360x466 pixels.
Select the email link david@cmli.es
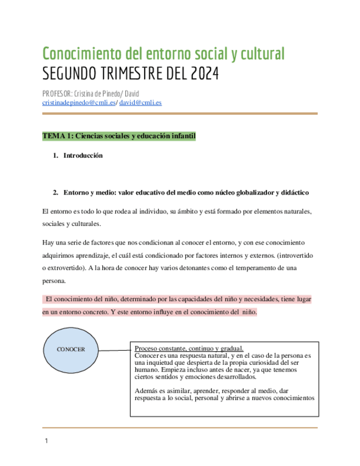(x=140, y=102)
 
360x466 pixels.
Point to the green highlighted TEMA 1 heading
(x=119, y=136)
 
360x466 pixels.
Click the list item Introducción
(x=83, y=156)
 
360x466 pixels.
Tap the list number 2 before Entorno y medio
(x=56, y=192)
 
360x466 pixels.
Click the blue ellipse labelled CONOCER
(x=70, y=349)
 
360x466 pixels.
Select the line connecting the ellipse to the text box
(x=114, y=349)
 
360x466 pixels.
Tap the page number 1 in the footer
(x=47, y=441)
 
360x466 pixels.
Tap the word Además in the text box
(x=145, y=391)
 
